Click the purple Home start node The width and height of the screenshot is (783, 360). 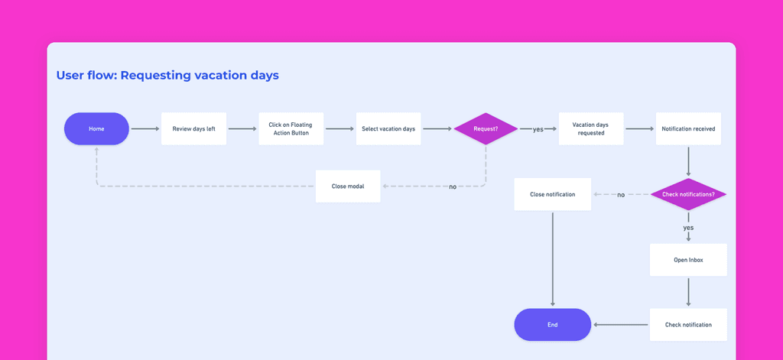pos(96,129)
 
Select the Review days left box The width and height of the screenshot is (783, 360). pos(193,129)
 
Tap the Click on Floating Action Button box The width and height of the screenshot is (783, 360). pos(291,129)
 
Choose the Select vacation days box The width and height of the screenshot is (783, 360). pos(388,129)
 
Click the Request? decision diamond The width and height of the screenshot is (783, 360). pos(486,129)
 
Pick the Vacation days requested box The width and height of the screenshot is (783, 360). pos(591,129)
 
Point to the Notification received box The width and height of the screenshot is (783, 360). pos(688,129)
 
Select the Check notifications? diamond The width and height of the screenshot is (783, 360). pos(688,194)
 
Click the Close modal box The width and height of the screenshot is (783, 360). pos(348,186)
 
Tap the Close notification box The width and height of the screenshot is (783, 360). pos(553,194)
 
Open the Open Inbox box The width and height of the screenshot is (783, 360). pos(688,260)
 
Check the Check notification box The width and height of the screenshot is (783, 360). pos(688,325)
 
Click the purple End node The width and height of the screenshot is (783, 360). pos(553,325)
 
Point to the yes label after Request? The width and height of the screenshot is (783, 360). pos(538,129)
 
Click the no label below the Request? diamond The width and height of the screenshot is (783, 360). pos(453,186)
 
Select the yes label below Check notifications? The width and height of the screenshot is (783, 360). pos(688,228)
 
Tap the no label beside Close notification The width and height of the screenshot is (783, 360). pos(621,195)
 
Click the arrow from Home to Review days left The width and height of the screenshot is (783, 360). pos(145,129)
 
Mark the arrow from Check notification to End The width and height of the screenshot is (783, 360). pos(621,325)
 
